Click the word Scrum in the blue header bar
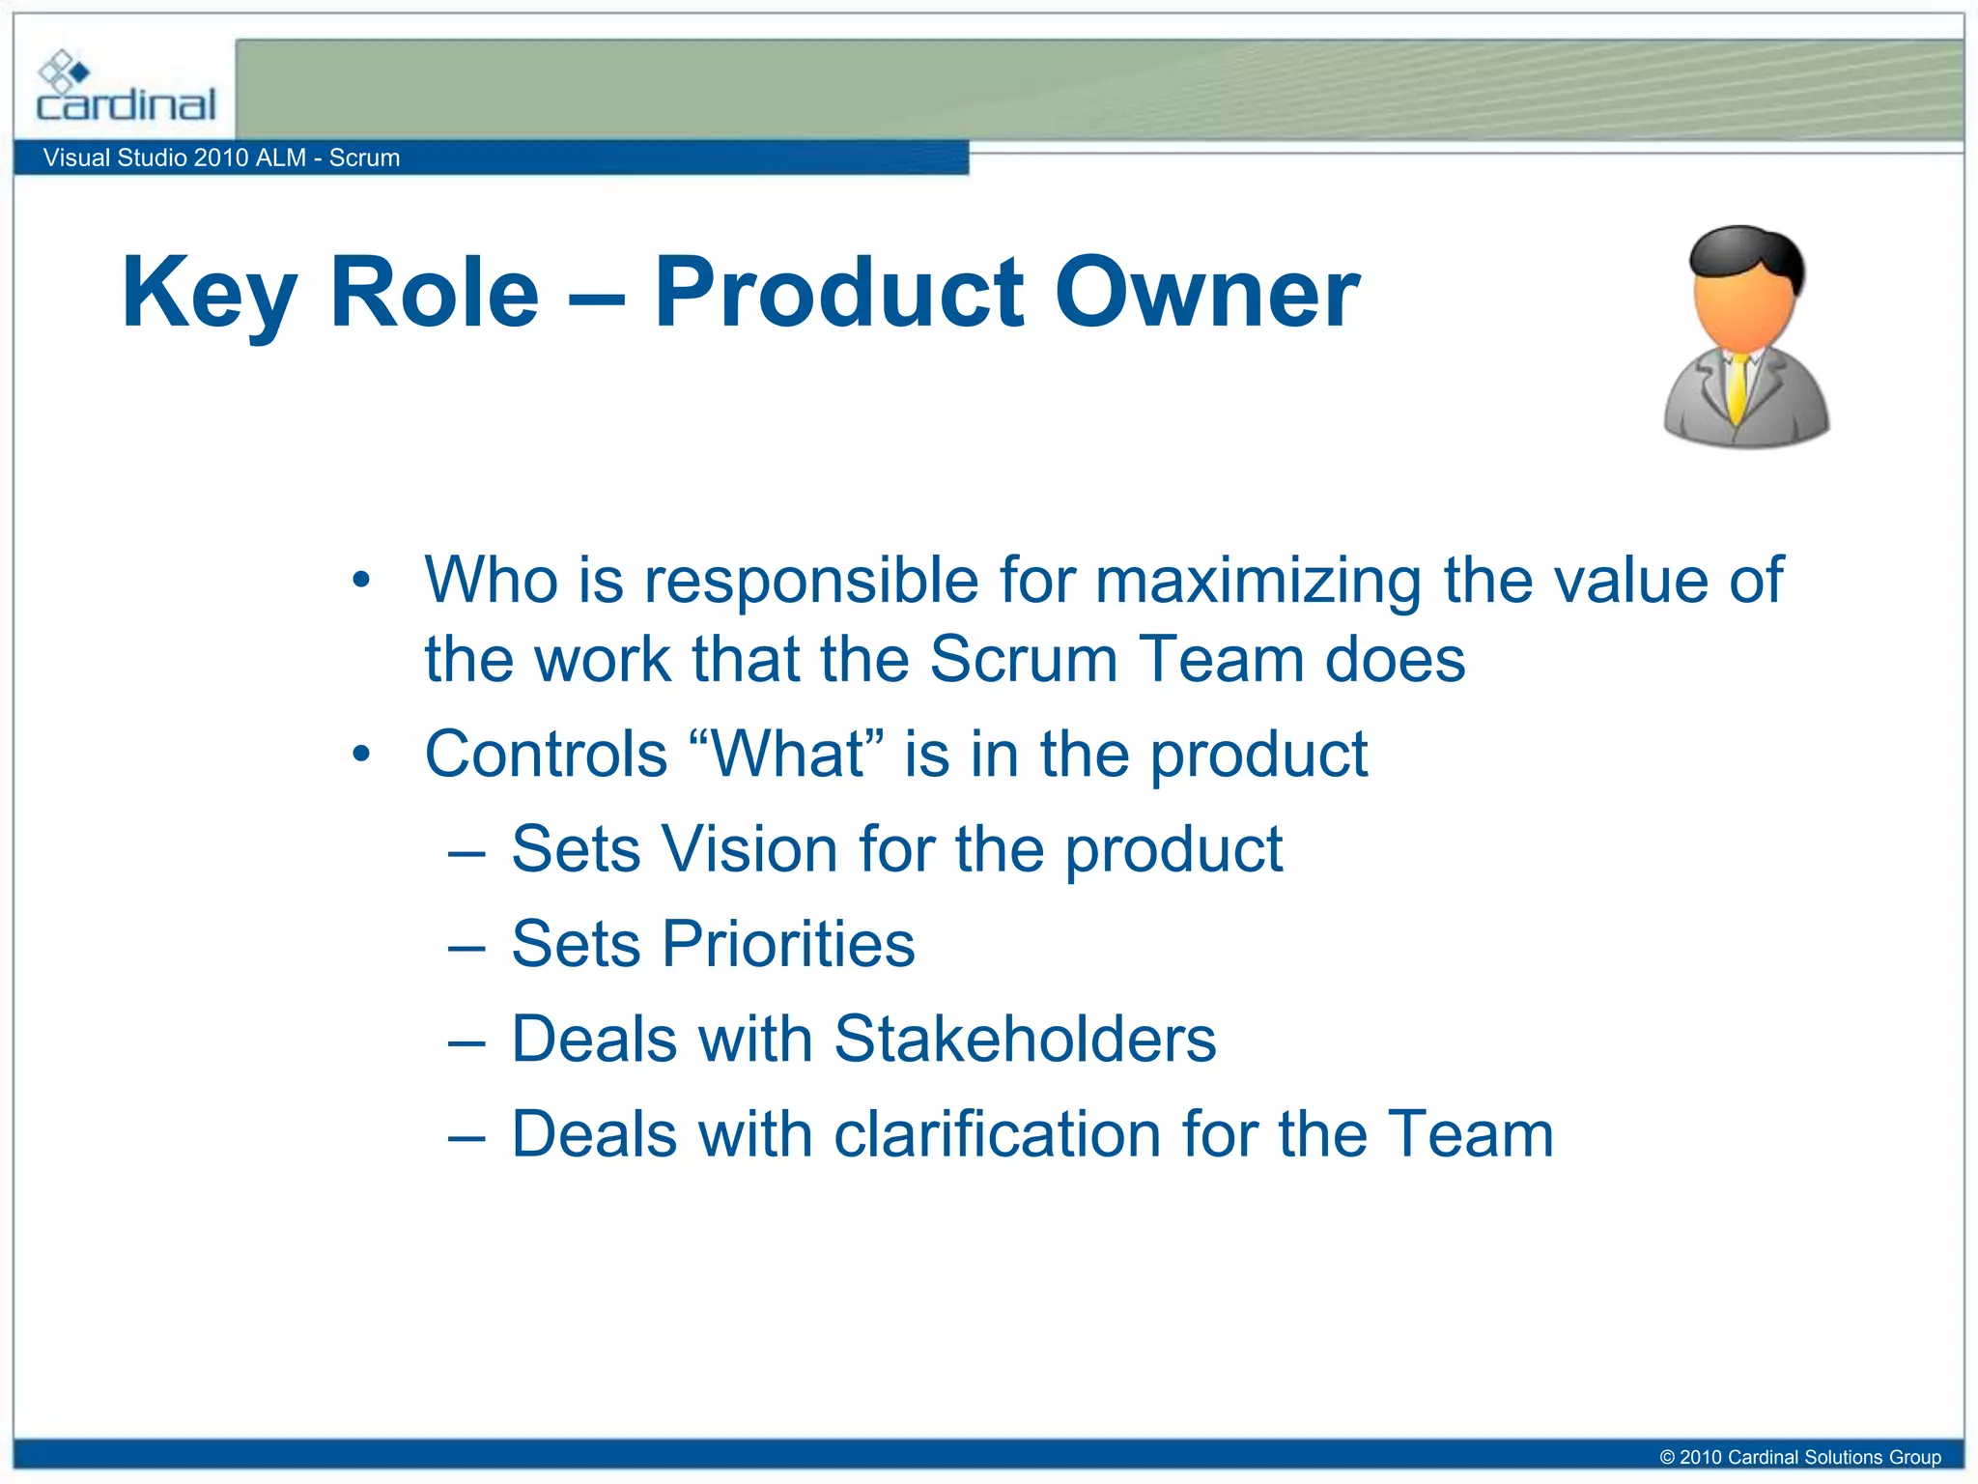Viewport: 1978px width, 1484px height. pos(364,157)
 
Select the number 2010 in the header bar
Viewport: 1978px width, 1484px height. pos(221,157)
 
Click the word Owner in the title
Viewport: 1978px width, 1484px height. pos(1206,293)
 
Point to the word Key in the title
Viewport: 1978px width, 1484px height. pos(209,293)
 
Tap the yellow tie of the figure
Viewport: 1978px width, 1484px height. pos(1738,387)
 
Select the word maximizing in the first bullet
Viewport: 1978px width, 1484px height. pos(1258,580)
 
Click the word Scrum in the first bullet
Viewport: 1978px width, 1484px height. pos(1022,659)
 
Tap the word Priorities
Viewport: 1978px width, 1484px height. pos(787,944)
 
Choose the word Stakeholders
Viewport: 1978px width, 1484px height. pos(1025,1039)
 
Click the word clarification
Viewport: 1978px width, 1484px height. pos(997,1133)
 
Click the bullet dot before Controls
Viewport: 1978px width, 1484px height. pos(361,754)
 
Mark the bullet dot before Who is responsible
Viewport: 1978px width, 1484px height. pos(361,581)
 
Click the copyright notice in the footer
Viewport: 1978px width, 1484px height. pos(1799,1457)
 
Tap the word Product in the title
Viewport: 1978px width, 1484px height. pos(838,293)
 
